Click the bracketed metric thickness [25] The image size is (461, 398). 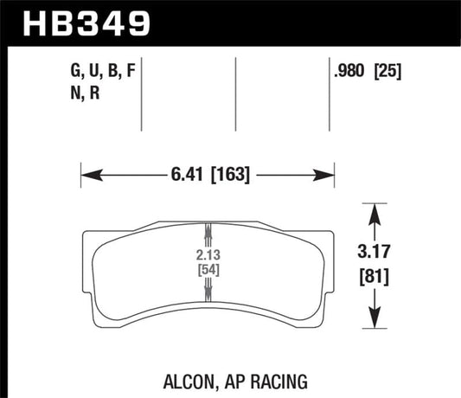click(387, 73)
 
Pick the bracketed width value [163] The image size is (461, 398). click(229, 175)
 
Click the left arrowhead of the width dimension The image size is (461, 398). click(86, 176)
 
